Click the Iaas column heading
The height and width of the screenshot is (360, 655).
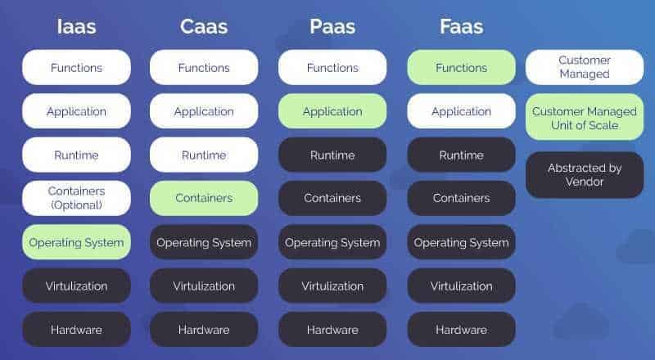(76, 27)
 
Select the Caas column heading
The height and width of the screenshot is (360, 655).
(204, 27)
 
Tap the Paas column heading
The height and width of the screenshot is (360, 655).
(332, 27)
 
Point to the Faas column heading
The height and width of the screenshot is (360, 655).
(461, 27)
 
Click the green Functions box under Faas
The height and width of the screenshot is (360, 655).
(461, 68)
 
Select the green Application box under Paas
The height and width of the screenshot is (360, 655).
(332, 111)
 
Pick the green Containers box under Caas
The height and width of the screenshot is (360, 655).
(204, 198)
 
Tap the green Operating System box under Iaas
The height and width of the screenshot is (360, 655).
(76, 242)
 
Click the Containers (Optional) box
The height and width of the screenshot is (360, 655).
(76, 198)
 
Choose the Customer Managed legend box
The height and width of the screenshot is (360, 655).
(585, 67)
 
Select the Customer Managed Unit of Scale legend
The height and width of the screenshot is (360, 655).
(585, 117)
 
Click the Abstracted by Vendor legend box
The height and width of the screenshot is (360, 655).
(585, 175)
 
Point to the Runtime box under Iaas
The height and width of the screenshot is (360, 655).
(76, 155)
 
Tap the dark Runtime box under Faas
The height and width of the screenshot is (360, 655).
(461, 155)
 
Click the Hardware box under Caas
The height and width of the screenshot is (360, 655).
(204, 330)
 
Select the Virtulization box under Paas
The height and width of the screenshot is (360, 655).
(332, 286)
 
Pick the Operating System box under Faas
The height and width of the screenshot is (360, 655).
(461, 242)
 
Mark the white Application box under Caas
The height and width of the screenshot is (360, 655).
(204, 111)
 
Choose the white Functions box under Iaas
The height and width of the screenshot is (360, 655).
(76, 68)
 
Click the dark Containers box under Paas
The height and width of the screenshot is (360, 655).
(332, 198)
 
